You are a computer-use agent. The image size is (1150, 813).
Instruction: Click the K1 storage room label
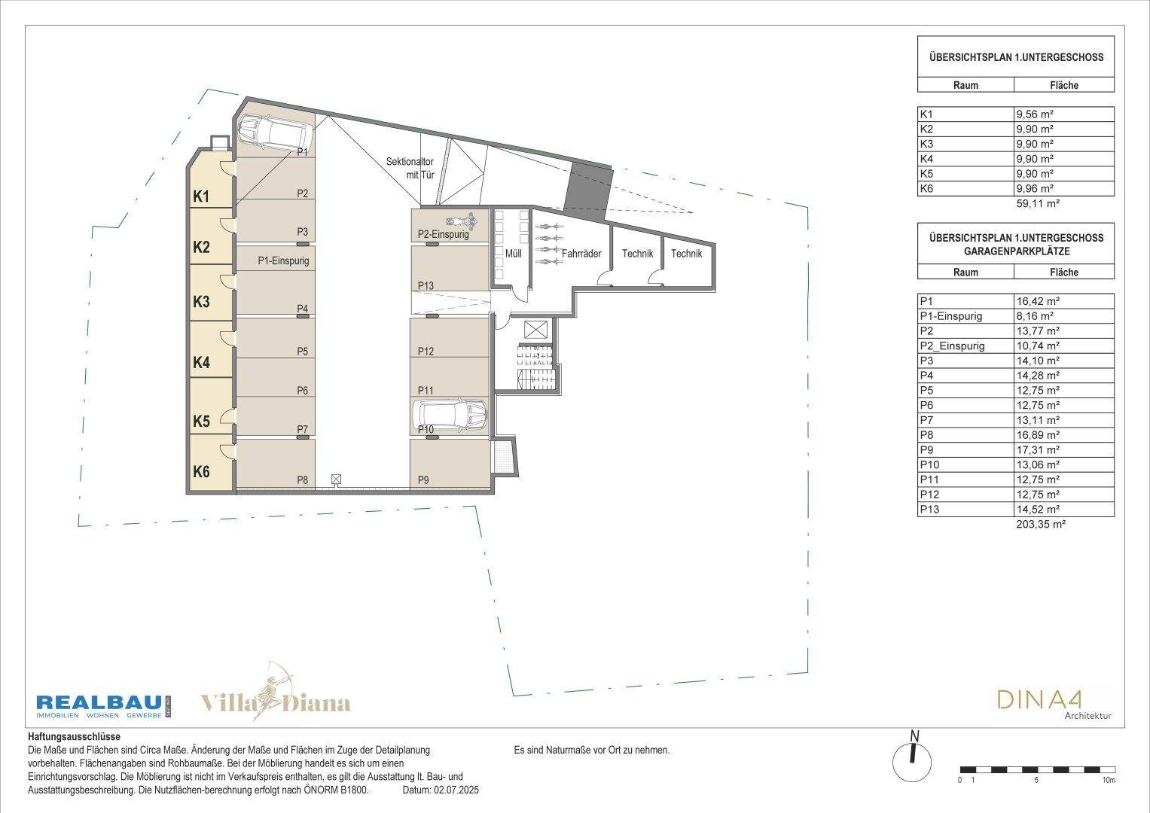201,196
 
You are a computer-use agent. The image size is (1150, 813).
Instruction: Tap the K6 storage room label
201,471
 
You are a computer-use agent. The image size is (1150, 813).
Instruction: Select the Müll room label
514,253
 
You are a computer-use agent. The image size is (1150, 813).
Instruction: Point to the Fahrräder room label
581,253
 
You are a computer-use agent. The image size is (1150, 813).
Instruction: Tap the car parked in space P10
450,415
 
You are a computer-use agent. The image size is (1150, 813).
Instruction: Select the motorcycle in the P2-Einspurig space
462,221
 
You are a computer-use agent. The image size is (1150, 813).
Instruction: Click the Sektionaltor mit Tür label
410,168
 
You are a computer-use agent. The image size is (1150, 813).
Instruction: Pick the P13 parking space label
426,285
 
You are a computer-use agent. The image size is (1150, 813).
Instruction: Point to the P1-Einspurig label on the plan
283,260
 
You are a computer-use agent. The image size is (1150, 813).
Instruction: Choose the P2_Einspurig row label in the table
953,346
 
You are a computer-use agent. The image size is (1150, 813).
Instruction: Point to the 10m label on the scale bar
1109,780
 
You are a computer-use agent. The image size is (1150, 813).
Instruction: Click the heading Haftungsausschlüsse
74,737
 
